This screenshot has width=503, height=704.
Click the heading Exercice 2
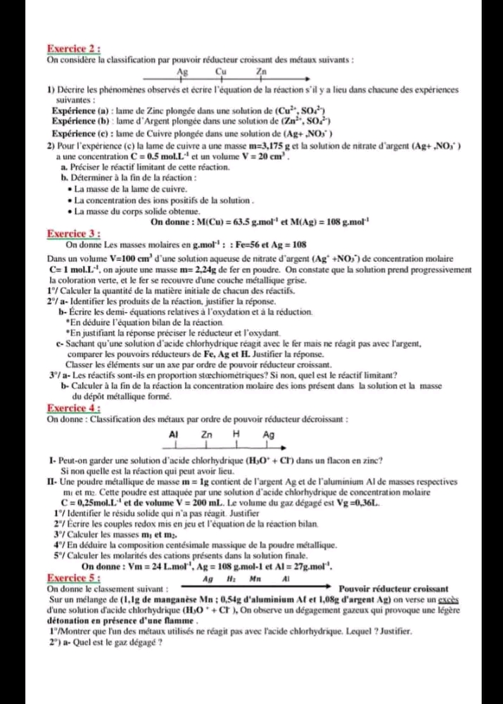pyautogui.click(x=73, y=49)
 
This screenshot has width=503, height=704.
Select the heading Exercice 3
pyautogui.click(x=73, y=233)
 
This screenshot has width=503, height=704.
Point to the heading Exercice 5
pyautogui.click(x=73, y=577)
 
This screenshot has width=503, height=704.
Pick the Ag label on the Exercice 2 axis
pyautogui.click(x=183, y=71)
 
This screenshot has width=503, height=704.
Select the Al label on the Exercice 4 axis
pyautogui.click(x=174, y=435)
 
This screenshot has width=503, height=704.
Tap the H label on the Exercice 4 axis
pyautogui.click(x=236, y=435)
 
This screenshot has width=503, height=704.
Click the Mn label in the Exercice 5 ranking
pyautogui.click(x=256, y=579)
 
